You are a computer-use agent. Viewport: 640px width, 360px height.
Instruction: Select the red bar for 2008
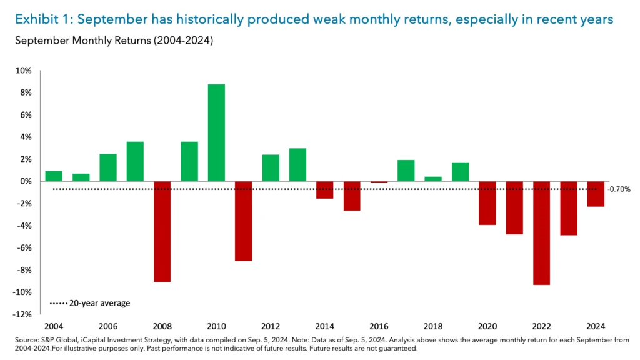click(x=162, y=231)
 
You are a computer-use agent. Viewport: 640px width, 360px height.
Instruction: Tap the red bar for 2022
click(x=541, y=232)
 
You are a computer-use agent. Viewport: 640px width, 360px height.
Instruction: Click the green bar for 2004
click(x=54, y=176)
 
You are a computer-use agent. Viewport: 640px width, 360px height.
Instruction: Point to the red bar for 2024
click(x=596, y=194)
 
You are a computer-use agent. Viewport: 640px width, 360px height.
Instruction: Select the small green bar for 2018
click(x=433, y=179)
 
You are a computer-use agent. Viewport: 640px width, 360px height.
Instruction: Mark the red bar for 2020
click(x=487, y=202)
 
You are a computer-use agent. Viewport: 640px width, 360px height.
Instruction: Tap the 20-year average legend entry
click(x=90, y=303)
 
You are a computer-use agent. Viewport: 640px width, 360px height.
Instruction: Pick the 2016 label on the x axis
click(x=379, y=327)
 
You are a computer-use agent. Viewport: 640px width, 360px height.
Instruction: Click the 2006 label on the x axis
click(x=107, y=327)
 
